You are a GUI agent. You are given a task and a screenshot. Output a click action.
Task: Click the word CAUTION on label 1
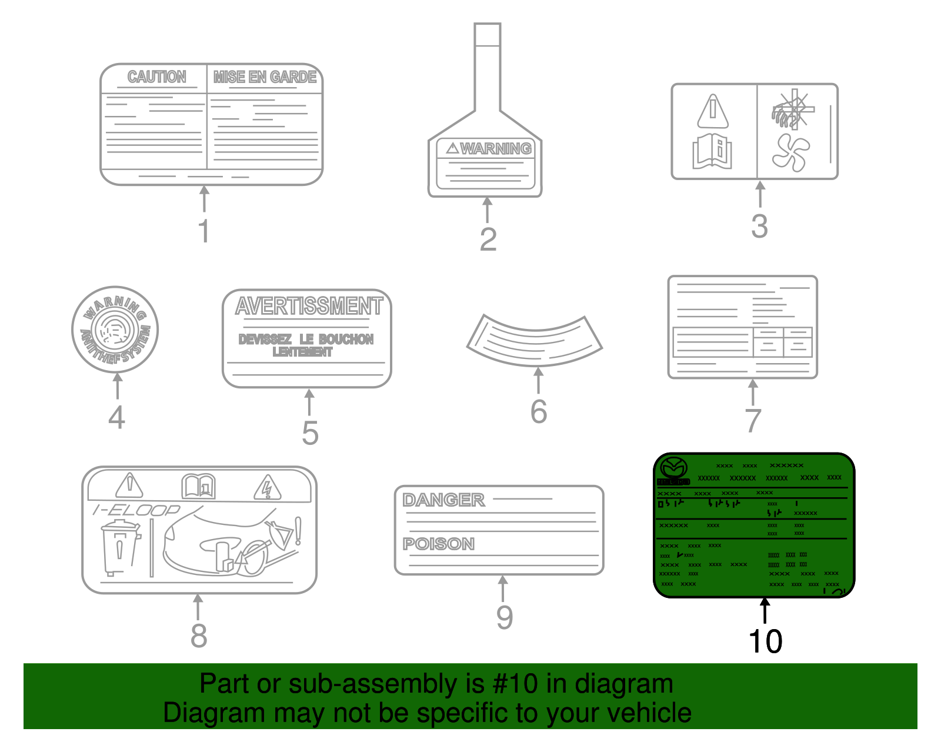(x=156, y=77)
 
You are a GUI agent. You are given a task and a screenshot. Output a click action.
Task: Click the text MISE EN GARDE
(x=265, y=77)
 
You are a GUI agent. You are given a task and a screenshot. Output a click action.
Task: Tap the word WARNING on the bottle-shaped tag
(x=495, y=149)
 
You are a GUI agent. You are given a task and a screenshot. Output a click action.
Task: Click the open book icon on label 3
(x=712, y=151)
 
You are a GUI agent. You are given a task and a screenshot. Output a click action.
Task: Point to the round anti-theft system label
(x=115, y=330)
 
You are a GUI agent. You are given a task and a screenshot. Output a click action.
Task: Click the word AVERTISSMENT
(x=309, y=306)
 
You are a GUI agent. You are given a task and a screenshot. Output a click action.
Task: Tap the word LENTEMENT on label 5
(x=302, y=352)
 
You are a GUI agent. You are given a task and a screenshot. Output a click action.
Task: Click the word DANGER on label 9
(x=443, y=500)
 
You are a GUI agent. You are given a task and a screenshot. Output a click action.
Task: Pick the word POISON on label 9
(x=438, y=544)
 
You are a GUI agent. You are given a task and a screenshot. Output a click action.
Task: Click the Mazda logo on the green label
(x=673, y=468)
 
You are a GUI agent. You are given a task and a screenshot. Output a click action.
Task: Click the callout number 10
(x=765, y=641)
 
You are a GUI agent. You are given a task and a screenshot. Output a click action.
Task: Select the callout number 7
(x=753, y=420)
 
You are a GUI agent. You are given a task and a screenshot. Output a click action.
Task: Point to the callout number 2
(x=488, y=240)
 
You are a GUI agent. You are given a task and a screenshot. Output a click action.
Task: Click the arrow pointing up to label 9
(x=502, y=588)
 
